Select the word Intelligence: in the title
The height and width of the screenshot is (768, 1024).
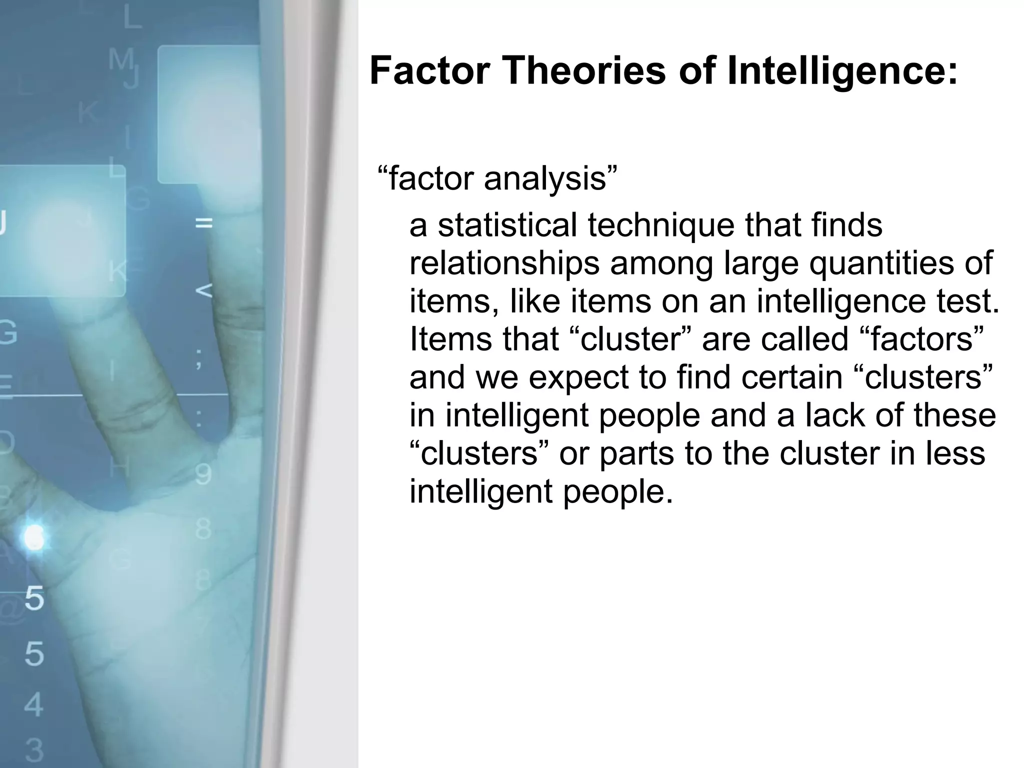click(x=842, y=70)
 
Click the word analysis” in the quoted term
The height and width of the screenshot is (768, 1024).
click(x=551, y=178)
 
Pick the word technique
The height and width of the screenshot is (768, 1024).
click(x=660, y=226)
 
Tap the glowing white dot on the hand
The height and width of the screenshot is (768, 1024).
click(x=34, y=537)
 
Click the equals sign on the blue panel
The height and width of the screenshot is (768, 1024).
click(x=203, y=223)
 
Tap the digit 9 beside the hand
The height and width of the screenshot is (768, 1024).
click(x=202, y=474)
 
